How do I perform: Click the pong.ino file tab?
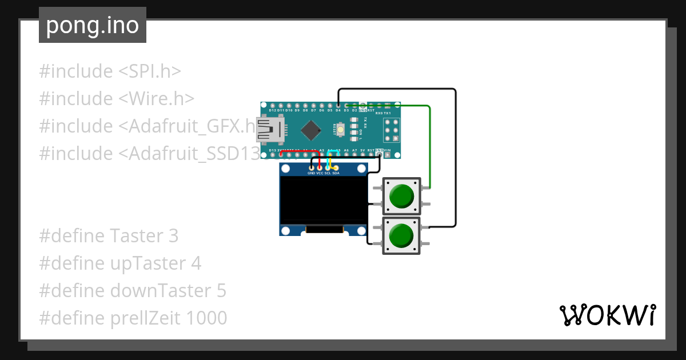tap(92, 25)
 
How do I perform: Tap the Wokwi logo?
tap(607, 315)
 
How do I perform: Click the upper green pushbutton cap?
tap(401, 196)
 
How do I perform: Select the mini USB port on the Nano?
tap(270, 130)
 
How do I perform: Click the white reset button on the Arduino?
tap(341, 130)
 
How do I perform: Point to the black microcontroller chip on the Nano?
tap(310, 130)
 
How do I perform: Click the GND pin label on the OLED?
tap(311, 173)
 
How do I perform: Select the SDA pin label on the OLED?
tap(336, 173)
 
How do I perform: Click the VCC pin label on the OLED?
tap(320, 173)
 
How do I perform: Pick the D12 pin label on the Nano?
tap(272, 110)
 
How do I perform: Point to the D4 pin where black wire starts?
tap(338, 105)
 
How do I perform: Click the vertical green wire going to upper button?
tap(429, 149)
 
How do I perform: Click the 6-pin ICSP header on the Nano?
tap(392, 131)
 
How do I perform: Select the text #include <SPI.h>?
tap(110, 71)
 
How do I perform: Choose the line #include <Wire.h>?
tap(117, 99)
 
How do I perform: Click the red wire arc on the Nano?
tap(292, 152)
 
